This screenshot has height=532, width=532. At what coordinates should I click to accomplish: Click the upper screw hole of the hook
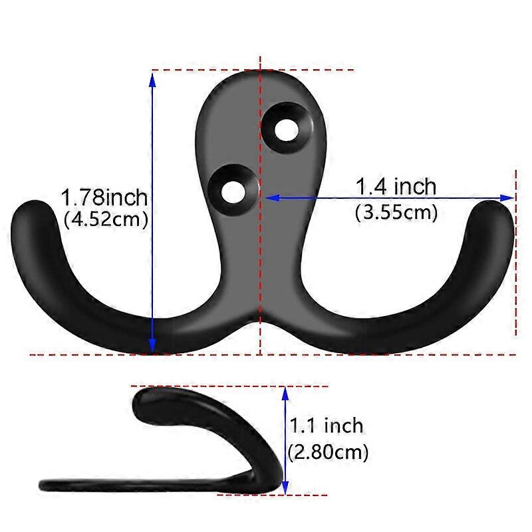click(x=287, y=130)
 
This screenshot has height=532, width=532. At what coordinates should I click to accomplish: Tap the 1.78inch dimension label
click(x=104, y=198)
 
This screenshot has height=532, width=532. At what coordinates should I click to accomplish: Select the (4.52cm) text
click(x=106, y=219)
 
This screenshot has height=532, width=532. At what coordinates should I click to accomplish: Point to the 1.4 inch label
click(x=396, y=186)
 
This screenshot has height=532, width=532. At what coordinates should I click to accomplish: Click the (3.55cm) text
click(x=396, y=213)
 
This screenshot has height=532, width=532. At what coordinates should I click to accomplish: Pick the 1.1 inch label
click(x=327, y=426)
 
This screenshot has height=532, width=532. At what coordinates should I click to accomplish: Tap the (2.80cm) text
click(x=328, y=452)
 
